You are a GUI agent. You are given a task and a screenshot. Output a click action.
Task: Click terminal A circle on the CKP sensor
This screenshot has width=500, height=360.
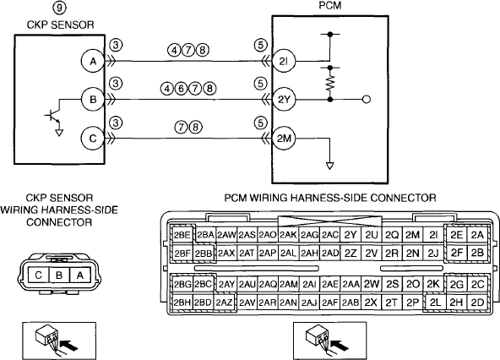[x=93, y=61]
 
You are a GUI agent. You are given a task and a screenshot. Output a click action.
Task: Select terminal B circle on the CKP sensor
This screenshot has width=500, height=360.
[x=93, y=100]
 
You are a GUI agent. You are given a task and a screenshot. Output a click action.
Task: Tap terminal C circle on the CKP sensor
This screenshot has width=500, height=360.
[x=93, y=139]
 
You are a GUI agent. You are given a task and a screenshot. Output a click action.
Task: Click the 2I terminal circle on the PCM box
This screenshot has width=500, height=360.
[x=284, y=61]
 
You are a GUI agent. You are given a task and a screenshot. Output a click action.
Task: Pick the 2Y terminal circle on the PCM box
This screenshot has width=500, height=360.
[x=284, y=100]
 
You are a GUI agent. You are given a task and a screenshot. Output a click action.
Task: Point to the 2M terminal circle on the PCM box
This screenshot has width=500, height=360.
[x=284, y=139]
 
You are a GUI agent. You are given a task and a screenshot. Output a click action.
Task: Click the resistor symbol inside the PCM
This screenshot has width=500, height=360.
[x=330, y=83]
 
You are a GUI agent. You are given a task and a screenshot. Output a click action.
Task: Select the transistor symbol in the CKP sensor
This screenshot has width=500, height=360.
[x=53, y=117]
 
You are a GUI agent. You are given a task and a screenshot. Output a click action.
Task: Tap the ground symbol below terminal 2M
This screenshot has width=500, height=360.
[x=329, y=166]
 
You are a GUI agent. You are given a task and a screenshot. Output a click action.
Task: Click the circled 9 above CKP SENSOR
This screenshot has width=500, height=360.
[x=60, y=8]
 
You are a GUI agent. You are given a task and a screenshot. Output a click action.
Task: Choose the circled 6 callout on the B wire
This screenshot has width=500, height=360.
[x=181, y=89]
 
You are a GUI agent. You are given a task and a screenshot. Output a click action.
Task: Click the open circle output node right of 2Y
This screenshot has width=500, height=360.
[x=367, y=100]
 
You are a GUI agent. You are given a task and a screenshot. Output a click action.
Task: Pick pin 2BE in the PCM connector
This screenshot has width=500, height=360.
[x=182, y=235]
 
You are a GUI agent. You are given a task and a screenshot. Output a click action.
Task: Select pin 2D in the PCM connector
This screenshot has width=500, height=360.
[x=477, y=303]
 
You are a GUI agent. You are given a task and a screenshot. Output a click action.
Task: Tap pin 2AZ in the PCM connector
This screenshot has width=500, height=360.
[x=224, y=303]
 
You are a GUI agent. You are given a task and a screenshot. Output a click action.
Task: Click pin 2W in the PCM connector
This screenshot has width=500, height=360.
[x=371, y=284]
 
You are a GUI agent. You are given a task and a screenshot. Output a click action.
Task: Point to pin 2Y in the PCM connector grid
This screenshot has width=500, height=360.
[x=351, y=235]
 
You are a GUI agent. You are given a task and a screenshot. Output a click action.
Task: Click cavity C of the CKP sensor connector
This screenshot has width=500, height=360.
[x=39, y=275]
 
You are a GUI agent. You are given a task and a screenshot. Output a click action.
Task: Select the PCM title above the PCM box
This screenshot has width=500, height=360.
[x=329, y=6]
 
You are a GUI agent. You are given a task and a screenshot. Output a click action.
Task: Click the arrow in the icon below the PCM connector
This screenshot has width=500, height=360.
[x=339, y=346]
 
